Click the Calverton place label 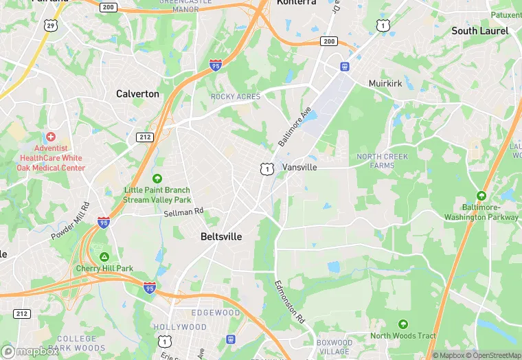[x=137, y=93]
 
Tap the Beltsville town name [x=220, y=236]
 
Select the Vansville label [x=299, y=167]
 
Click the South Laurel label [x=479, y=31]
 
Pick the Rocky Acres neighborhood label [x=236, y=97]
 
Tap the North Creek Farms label [x=382, y=161]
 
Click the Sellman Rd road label [x=184, y=213]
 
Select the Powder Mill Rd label [x=71, y=221]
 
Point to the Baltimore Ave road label [x=295, y=126]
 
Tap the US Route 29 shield [x=50, y=25]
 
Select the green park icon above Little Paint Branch [x=157, y=179]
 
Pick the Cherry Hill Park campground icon [x=104, y=256]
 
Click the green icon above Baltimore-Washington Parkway [x=481, y=196]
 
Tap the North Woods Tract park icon [x=403, y=324]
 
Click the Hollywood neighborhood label [x=180, y=327]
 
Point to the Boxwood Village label [x=334, y=347]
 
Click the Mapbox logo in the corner [x=30, y=351]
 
